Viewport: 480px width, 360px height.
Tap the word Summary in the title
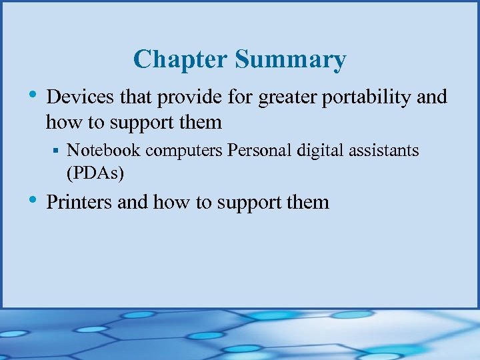point(290,60)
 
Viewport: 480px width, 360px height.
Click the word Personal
point(257,151)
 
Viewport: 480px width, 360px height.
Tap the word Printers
point(79,201)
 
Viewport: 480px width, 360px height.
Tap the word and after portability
point(431,97)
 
